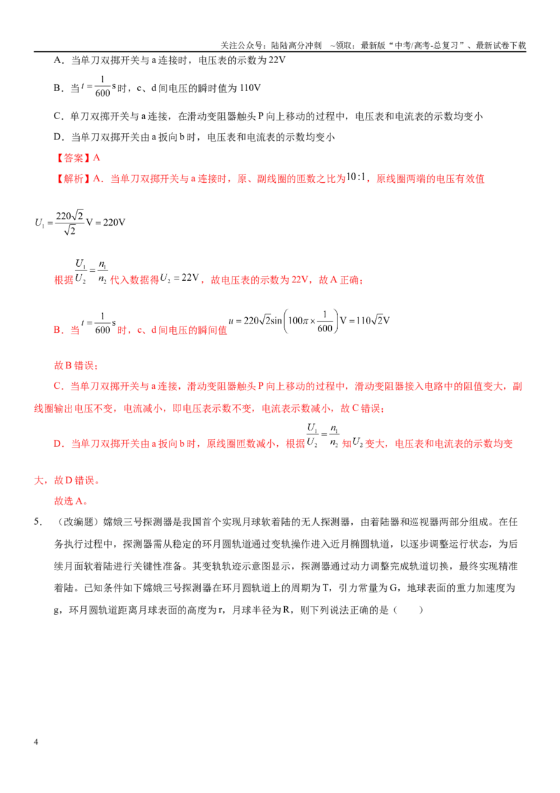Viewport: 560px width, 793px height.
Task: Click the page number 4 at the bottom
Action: pos(36,741)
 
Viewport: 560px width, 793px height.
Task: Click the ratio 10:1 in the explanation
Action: pos(356,177)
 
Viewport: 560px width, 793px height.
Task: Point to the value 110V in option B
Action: pos(250,88)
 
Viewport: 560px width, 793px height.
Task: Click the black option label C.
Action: pos(57,116)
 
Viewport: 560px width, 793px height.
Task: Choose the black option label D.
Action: pos(57,137)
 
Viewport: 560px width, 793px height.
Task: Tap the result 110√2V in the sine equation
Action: pos(373,321)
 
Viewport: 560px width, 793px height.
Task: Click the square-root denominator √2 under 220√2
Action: pos(70,230)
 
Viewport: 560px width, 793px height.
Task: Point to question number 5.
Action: pos(37,522)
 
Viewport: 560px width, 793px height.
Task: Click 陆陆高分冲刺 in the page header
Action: pos(296,46)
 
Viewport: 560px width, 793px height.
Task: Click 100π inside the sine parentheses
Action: pos(297,321)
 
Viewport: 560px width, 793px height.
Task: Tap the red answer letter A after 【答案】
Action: pos(97,158)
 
